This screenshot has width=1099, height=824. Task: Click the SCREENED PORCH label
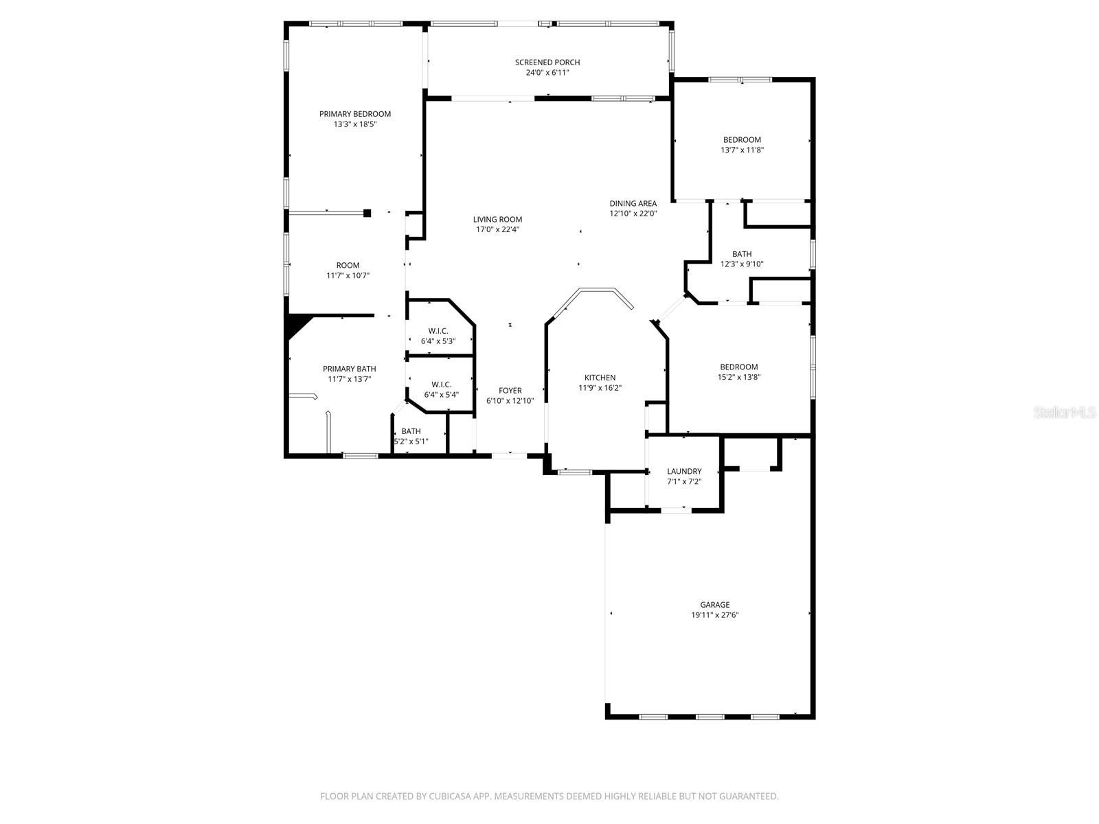pos(547,62)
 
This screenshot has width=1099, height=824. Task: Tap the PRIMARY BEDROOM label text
pos(355,114)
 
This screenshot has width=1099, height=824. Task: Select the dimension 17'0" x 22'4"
pos(497,229)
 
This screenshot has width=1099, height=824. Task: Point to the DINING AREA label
pos(633,204)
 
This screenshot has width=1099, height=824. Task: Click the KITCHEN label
pos(600,378)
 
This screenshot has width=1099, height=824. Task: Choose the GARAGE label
pos(714,605)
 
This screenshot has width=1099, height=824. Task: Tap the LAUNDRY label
pos(684,471)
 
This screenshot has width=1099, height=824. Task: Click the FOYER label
pos(510,391)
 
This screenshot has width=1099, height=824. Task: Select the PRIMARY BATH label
pos(349,369)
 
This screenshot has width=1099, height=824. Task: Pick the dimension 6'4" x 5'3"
pos(438,342)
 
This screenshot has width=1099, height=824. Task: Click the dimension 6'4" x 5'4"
pos(441,395)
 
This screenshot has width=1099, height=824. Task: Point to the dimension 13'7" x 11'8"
pos(742,150)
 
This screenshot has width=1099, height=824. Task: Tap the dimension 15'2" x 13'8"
pos(739,377)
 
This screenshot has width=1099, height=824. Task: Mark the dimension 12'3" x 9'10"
pos(742,264)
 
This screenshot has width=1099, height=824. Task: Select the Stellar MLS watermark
pos(1065,412)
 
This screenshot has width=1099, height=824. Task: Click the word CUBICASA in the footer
pos(451,796)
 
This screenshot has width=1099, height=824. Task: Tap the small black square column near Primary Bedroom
pos(367,213)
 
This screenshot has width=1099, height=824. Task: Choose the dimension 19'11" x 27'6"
pos(714,615)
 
